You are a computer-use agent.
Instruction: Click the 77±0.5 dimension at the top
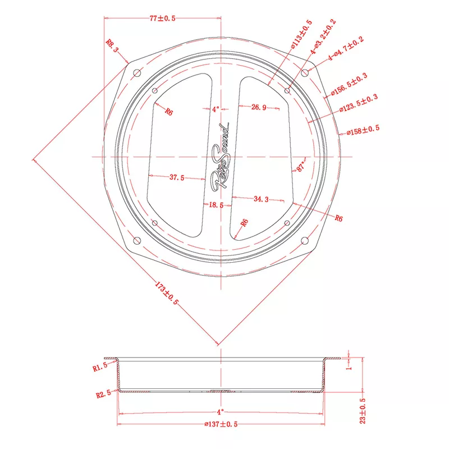tap(162, 19)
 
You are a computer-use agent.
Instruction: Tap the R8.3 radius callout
tap(112, 46)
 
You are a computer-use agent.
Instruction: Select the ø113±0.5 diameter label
tap(301, 34)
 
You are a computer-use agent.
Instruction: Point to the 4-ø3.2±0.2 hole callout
tap(323, 36)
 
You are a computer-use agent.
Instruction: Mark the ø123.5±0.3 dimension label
tap(359, 103)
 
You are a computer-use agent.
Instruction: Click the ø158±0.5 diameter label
tap(363, 130)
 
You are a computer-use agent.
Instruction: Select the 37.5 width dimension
tap(177, 177)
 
